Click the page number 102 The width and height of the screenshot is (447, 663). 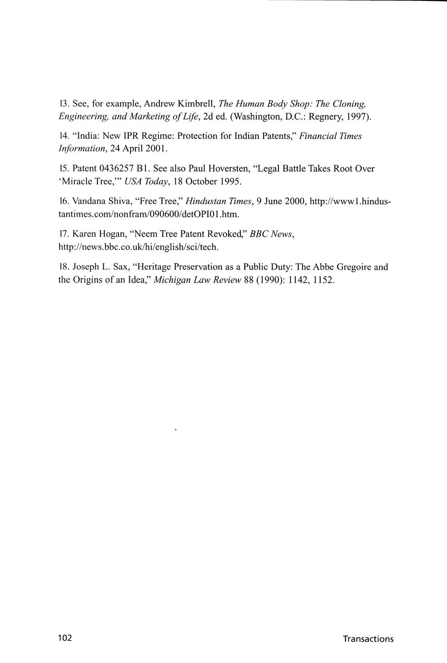pos(65,638)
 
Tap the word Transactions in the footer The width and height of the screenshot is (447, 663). pos(368,639)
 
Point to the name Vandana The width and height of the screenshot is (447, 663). pos(88,202)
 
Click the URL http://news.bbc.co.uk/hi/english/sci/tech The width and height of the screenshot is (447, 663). pos(138,247)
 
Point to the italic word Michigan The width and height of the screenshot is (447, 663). pos(172,280)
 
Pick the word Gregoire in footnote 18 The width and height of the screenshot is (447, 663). pos(354,267)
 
